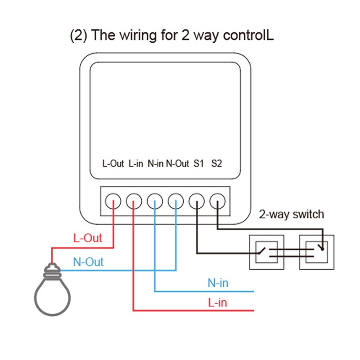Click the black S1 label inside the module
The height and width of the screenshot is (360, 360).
click(198, 164)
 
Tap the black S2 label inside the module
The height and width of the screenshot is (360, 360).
click(216, 164)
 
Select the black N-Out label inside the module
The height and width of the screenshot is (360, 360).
click(177, 164)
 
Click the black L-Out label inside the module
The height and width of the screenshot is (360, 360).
click(113, 164)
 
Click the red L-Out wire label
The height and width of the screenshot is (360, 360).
click(87, 238)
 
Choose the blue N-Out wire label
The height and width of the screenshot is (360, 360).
click(88, 262)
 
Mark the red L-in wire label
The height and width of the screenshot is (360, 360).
click(217, 302)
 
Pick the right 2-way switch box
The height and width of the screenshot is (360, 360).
click(317, 252)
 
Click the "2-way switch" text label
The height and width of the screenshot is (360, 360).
click(291, 214)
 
